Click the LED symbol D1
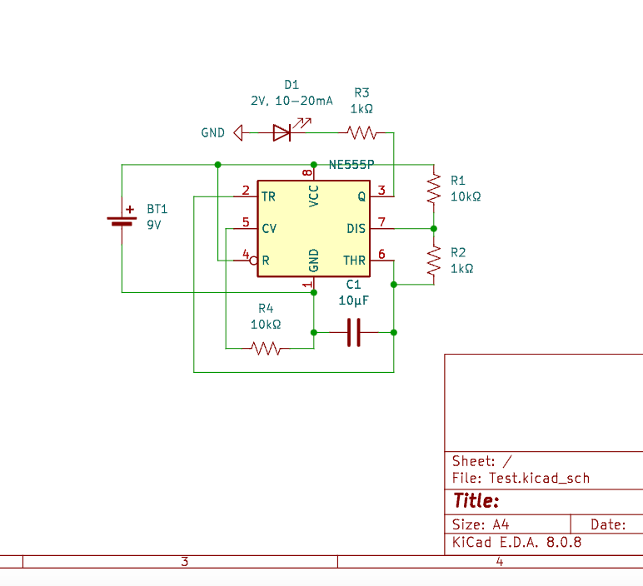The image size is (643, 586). tap(282, 132)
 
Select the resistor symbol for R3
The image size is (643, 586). tap(361, 132)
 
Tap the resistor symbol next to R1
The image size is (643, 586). tap(433, 188)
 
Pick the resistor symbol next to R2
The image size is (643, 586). tap(433, 261)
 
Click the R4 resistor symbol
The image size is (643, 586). tap(267, 349)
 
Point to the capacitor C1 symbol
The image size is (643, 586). tap(353, 332)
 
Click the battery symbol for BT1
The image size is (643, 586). tap(122, 221)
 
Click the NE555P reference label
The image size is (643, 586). tap(351, 165)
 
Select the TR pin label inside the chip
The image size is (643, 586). tap(268, 196)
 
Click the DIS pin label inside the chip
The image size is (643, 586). tap(356, 228)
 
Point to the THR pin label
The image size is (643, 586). tap(354, 261)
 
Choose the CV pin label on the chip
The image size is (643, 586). tap(269, 228)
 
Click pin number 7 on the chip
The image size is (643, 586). tap(381, 222)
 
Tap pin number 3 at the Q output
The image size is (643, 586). tap(381, 191)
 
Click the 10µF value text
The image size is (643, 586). tap(353, 300)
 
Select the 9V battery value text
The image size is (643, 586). tap(154, 225)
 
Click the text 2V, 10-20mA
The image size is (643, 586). tap(292, 100)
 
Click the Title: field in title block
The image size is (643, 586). tap(476, 501)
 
